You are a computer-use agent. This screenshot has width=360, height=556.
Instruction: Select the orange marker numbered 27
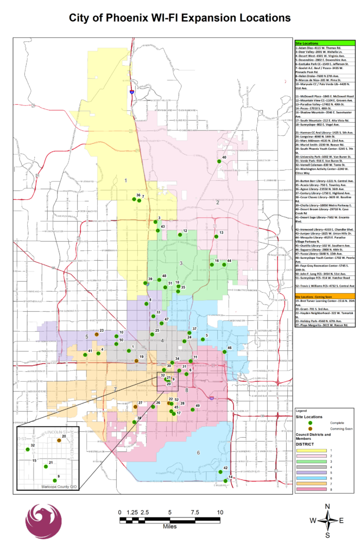click(135, 406)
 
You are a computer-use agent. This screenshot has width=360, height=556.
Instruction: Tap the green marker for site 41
click(86, 356)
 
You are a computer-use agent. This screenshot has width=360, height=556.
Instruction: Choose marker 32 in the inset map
click(27, 450)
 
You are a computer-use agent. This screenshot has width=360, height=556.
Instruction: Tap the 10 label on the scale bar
click(220, 512)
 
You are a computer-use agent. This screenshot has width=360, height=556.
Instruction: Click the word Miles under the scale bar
click(169, 526)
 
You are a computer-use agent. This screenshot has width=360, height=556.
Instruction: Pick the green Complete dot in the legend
click(311, 422)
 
